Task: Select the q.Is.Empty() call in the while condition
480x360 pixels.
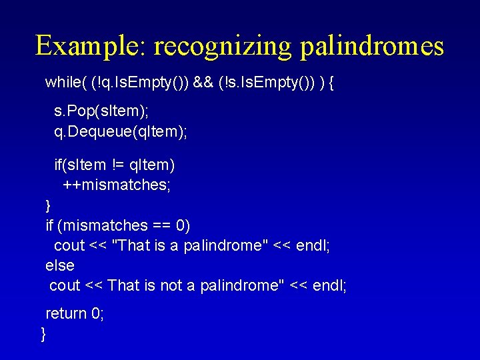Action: (x=140, y=83)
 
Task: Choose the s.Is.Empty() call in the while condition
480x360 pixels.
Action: (x=267, y=83)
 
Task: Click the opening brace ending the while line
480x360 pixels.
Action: (x=333, y=83)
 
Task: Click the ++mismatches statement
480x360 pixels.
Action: (x=117, y=185)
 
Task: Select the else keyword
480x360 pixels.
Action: (x=60, y=265)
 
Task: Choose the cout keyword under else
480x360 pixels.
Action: (x=65, y=285)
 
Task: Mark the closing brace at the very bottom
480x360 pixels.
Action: (x=43, y=333)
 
